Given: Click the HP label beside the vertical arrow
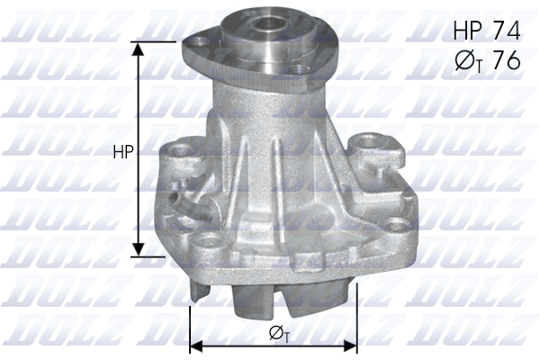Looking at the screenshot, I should [x=123, y=154].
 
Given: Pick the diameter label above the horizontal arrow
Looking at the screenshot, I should [x=279, y=334].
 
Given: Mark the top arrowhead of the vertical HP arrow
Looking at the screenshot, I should [x=138, y=48].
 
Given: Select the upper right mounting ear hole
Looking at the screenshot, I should [x=368, y=142].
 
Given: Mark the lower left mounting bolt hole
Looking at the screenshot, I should [x=209, y=240].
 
